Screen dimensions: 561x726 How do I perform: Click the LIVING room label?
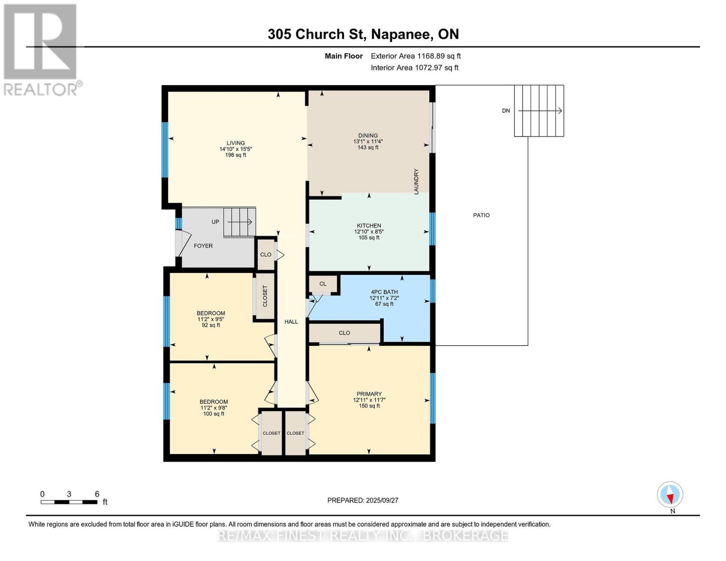pyautogui.click(x=236, y=143)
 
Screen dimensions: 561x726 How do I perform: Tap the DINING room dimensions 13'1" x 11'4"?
pyautogui.click(x=368, y=141)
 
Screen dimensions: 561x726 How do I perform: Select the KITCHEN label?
pyautogui.click(x=369, y=225)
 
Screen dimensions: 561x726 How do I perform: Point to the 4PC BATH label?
pyautogui.click(x=384, y=292)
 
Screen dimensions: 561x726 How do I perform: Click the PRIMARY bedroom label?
pyautogui.click(x=369, y=394)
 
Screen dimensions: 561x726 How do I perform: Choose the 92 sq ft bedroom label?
pyautogui.click(x=211, y=313)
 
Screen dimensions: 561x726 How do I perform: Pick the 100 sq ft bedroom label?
pyautogui.click(x=214, y=402)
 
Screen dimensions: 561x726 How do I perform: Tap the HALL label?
pyautogui.click(x=291, y=322)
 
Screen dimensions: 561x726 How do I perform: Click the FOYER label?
pyautogui.click(x=203, y=245)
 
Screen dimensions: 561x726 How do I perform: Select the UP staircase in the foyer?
pyautogui.click(x=239, y=222)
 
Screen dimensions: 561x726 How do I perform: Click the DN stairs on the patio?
pyautogui.click(x=539, y=111)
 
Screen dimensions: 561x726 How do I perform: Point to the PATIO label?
pyautogui.click(x=481, y=215)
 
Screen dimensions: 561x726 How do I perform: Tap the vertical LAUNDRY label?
pyautogui.click(x=416, y=181)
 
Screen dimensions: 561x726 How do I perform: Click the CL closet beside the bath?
pyautogui.click(x=323, y=284)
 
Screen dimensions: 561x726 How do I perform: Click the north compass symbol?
pyautogui.click(x=670, y=495)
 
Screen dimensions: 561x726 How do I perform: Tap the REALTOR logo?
pyautogui.click(x=41, y=49)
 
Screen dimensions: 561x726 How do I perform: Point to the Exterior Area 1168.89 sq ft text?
pyautogui.click(x=416, y=56)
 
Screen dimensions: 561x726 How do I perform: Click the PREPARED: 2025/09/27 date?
pyautogui.click(x=363, y=500)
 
